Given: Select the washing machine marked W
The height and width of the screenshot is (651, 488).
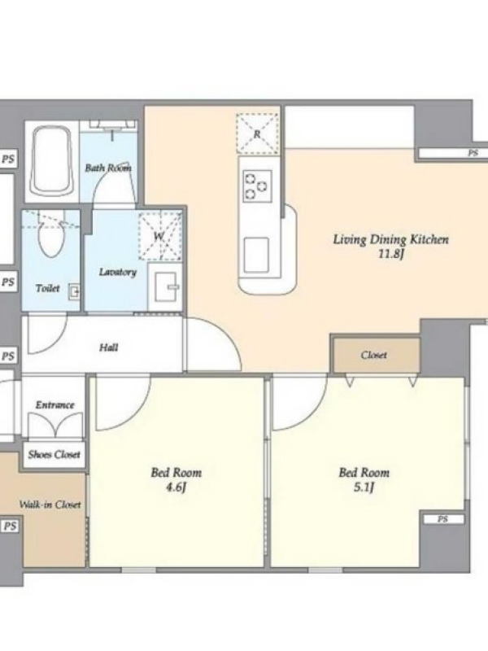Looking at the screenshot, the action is pyautogui.click(x=159, y=236).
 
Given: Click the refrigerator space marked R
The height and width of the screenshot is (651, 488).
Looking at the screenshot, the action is pyautogui.click(x=257, y=134).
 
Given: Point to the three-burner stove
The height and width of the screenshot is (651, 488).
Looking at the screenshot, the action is pyautogui.click(x=257, y=186).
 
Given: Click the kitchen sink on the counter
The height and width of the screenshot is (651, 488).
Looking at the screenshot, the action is pyautogui.click(x=256, y=255).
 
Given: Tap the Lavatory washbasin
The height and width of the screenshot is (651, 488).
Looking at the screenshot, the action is pyautogui.click(x=166, y=286).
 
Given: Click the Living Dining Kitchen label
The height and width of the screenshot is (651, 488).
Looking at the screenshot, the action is pyautogui.click(x=391, y=239).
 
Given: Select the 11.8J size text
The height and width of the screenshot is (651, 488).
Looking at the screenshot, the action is pyautogui.click(x=391, y=254).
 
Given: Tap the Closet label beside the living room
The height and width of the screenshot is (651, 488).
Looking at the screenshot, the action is pyautogui.click(x=374, y=355).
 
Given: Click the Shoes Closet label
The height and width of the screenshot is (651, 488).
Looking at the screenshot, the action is pyautogui.click(x=54, y=455).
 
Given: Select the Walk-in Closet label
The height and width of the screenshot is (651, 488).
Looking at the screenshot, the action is pyautogui.click(x=50, y=505).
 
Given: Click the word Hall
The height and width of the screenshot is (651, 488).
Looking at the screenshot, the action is pyautogui.click(x=109, y=347).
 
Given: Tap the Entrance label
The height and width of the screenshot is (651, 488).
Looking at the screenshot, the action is pyautogui.click(x=54, y=404).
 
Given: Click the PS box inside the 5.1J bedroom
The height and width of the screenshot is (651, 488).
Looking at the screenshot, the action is pyautogui.click(x=442, y=519).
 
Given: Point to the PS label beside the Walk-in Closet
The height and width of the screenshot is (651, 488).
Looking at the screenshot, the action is pyautogui.click(x=10, y=526).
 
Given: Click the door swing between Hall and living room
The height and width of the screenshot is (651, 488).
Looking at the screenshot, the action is pyautogui.click(x=214, y=343).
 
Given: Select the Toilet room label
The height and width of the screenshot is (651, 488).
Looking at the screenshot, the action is pyautogui.click(x=47, y=288).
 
